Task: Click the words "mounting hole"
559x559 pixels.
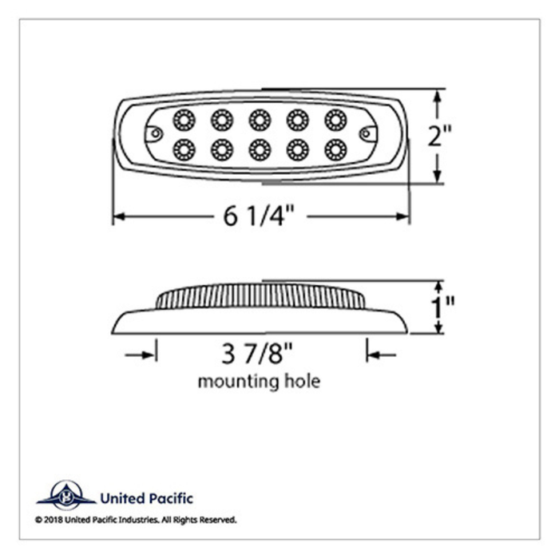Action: click(259, 381)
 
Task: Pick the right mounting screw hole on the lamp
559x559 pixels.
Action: click(366, 132)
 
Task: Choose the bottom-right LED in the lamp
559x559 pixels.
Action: click(335, 148)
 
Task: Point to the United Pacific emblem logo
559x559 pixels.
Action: click(65, 496)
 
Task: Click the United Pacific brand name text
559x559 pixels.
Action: click(146, 499)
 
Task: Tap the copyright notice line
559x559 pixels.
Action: click(136, 520)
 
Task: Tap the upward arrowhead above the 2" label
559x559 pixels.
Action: click(438, 97)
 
